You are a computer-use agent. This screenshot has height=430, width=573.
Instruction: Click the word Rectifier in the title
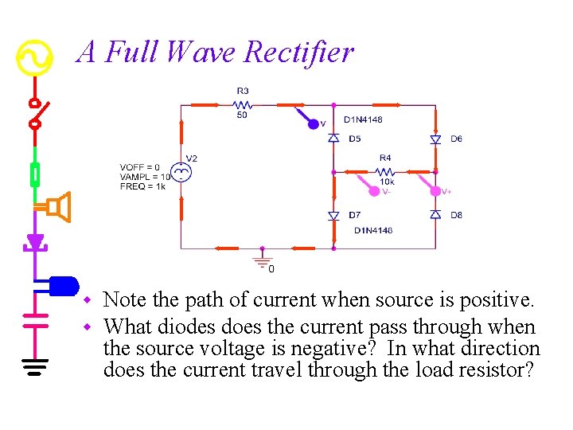[298, 53]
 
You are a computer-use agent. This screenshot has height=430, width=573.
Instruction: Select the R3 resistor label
[242, 91]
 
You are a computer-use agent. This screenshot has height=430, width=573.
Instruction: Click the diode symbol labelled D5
[334, 139]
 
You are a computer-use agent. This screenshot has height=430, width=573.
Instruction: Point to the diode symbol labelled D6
[435, 139]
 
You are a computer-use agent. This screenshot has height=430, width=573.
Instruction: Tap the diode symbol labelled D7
[334, 216]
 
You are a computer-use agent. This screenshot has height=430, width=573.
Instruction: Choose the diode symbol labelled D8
[435, 215]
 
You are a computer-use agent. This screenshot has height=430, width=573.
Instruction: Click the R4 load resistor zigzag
[384, 170]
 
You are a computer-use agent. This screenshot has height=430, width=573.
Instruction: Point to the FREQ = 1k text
[142, 186]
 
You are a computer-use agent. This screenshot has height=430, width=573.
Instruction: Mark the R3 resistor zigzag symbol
[243, 104]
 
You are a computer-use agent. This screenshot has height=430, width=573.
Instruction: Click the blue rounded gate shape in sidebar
[63, 284]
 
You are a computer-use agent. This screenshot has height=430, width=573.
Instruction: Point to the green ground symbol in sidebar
[34, 365]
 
